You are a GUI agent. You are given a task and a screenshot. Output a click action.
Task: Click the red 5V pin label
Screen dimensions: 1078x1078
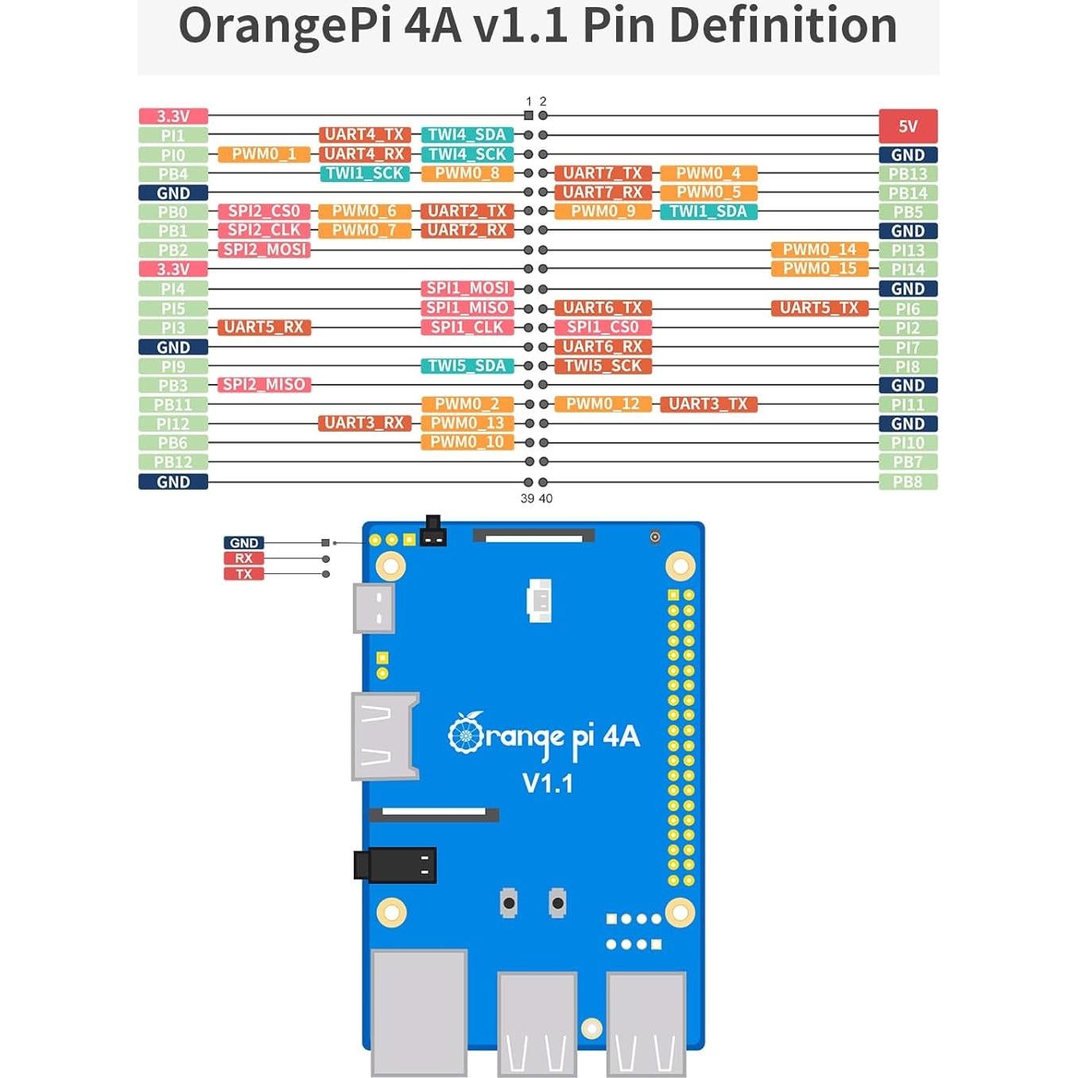click(x=908, y=126)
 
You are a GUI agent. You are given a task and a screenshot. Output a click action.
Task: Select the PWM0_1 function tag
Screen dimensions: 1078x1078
click(x=264, y=154)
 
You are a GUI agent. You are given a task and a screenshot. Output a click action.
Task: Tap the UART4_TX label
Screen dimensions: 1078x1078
click(x=365, y=134)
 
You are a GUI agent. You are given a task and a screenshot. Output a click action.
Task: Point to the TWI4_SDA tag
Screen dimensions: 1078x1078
click(x=467, y=134)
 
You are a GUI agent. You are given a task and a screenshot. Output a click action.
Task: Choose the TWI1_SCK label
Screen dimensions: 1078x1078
click(x=365, y=173)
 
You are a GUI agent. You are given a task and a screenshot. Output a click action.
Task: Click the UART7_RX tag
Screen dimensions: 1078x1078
click(x=603, y=192)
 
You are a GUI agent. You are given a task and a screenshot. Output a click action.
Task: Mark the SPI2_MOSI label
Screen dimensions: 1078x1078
click(x=264, y=250)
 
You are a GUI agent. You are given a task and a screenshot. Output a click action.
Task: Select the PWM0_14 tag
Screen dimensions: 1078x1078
click(x=820, y=250)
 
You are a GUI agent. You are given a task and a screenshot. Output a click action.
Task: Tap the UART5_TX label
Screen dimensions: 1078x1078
click(x=820, y=308)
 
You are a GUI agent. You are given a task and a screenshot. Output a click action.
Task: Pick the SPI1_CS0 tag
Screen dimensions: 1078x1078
click(x=603, y=327)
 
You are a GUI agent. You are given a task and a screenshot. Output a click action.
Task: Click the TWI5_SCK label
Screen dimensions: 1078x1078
click(x=603, y=366)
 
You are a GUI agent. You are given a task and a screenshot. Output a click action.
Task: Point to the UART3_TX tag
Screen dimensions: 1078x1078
click(x=708, y=404)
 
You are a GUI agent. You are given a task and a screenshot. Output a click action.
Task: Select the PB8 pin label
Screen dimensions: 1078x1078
click(x=908, y=482)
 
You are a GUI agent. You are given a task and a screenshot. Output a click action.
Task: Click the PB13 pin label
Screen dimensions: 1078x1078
click(x=908, y=173)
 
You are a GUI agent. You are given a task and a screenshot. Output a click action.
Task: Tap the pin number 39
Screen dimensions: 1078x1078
click(x=527, y=498)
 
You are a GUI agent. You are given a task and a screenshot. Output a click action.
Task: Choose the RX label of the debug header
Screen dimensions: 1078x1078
click(x=243, y=559)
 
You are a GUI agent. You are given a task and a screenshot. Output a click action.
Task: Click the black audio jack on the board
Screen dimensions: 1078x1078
click(x=395, y=865)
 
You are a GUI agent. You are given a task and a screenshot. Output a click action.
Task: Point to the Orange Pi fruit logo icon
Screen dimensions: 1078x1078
click(x=466, y=733)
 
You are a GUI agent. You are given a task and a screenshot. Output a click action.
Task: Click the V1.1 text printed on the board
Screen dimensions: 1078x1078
click(x=548, y=784)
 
